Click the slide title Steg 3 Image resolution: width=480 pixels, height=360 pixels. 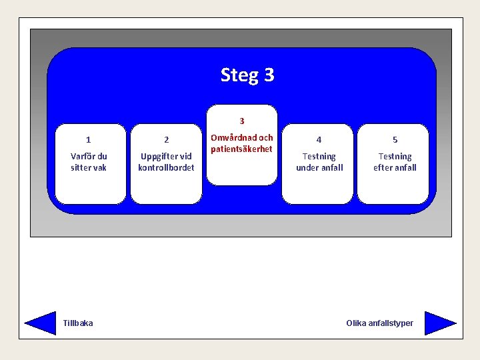tap(247, 75)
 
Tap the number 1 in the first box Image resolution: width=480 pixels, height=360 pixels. tap(89, 140)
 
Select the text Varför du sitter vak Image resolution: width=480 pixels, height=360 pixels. tap(89, 162)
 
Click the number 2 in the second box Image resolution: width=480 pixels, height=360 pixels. tap(166, 140)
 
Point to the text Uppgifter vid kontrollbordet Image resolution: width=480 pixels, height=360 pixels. tap(166, 162)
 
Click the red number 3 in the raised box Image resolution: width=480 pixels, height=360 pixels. tap(242, 121)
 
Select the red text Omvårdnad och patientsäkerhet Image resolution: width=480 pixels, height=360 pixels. tap(242, 143)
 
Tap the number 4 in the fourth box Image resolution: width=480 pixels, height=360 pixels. tap(319, 140)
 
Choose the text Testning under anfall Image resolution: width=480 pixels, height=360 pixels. tap(319, 162)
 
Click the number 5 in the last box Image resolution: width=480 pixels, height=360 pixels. tap(395, 140)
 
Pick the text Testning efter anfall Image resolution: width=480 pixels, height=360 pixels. tap(395, 162)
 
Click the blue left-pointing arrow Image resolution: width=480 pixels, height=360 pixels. tap(41, 323)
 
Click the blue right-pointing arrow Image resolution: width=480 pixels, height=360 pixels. tap(439, 323)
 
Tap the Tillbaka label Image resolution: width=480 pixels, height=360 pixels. tap(78, 323)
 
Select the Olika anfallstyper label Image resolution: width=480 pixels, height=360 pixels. tap(379, 323)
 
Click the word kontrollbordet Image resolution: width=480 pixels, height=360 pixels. tap(166, 168)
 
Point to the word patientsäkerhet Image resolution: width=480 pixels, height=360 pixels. tap(242, 149)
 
